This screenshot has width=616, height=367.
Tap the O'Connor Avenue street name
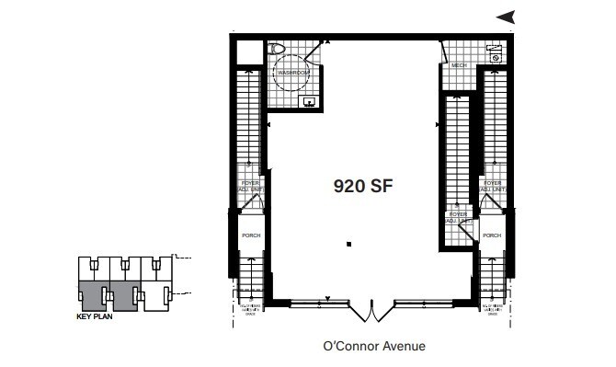click(374, 347)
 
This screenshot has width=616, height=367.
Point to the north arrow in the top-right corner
click(505, 16)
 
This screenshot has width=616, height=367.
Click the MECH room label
click(459, 66)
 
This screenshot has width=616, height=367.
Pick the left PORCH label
click(251, 235)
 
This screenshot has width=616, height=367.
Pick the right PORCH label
click(492, 235)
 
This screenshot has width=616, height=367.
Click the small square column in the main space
click(349, 244)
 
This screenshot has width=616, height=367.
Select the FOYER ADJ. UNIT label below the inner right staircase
click(457, 218)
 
